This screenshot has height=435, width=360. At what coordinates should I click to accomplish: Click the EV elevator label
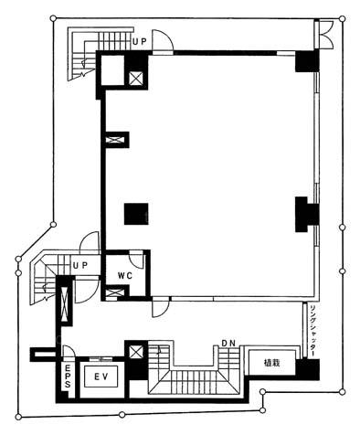(101, 377)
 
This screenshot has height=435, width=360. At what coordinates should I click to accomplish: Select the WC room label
(125, 276)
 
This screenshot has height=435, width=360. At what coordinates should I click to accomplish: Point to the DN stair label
(228, 344)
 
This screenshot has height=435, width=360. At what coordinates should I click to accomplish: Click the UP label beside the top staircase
(140, 42)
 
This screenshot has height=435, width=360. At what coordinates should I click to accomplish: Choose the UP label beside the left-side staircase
(80, 265)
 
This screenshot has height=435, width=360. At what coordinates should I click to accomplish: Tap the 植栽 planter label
(271, 363)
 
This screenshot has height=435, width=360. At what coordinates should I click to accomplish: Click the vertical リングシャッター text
(312, 330)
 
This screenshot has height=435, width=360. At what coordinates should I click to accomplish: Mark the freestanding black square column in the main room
(136, 214)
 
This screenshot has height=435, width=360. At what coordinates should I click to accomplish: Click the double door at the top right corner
(328, 34)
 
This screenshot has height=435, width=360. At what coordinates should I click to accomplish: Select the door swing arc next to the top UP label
(163, 39)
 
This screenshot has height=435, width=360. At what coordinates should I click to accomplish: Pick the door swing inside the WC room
(136, 260)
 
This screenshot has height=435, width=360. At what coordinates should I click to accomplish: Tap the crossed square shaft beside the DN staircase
(136, 352)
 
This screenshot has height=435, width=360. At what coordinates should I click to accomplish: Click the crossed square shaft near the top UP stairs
(135, 79)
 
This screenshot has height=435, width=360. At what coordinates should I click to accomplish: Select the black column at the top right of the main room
(307, 61)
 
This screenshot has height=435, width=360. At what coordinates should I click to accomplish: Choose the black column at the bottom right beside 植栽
(308, 369)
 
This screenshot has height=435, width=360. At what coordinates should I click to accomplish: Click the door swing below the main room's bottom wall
(161, 308)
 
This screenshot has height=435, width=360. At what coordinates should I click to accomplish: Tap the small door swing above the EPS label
(69, 351)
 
